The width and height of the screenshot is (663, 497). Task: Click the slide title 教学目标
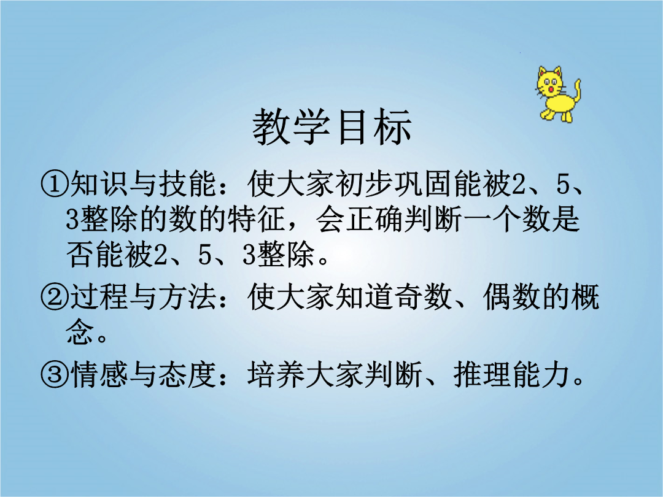[332, 127]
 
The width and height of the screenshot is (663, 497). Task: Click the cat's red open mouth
[551, 90]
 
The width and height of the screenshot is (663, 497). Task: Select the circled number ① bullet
[54, 185]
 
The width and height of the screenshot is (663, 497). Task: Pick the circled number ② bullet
[54, 297]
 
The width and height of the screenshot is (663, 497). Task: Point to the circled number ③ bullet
[54, 374]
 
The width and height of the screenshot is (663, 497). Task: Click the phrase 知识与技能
[143, 185]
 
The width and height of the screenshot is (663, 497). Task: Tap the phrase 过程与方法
[143, 297]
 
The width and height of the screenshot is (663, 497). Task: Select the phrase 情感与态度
[143, 374]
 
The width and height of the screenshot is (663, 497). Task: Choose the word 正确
[374, 219]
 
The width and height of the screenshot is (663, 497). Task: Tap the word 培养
[276, 374]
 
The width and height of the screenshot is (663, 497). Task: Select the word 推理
[483, 374]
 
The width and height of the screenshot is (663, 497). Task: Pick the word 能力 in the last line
[541, 374]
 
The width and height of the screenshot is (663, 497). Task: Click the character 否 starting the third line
[80, 255]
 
